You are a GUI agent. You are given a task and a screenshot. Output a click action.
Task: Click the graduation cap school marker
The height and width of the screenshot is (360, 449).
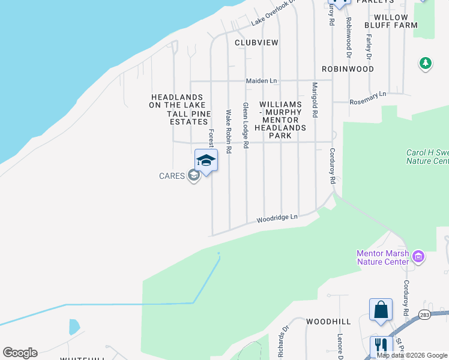tap(206, 161)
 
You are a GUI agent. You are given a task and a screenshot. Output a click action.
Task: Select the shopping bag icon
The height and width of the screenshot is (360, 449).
tap(381, 310)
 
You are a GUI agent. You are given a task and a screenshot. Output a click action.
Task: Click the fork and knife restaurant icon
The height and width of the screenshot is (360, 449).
tap(381, 346)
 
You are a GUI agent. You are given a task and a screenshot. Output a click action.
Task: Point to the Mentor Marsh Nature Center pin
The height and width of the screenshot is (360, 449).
tap(418, 257)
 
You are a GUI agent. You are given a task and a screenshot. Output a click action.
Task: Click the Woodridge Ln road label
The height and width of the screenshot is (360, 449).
tap(277, 218)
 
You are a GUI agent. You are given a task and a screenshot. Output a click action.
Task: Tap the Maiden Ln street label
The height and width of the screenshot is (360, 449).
tap(261, 80)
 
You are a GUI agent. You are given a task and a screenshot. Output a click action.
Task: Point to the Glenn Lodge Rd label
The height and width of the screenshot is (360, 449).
tap(246, 124)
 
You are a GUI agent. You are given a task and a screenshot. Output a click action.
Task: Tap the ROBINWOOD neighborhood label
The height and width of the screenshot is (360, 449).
tap(348, 69)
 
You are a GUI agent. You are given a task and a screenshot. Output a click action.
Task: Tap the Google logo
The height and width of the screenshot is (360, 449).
tap(20, 352)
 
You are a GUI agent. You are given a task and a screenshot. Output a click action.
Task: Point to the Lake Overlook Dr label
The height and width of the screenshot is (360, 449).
tap(274, 13)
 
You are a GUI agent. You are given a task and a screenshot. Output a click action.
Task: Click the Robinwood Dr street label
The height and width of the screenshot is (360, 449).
tap(348, 33)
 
